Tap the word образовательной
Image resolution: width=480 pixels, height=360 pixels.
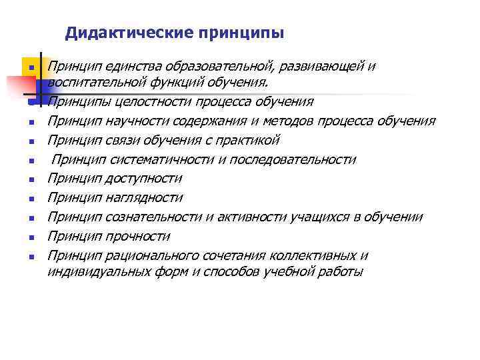(x=203, y=67)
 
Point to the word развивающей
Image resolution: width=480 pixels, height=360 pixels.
(x=310, y=67)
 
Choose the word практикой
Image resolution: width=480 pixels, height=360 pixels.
(x=247, y=141)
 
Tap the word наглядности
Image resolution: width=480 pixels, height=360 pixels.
(x=141, y=198)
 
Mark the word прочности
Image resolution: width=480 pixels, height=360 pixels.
(x=135, y=237)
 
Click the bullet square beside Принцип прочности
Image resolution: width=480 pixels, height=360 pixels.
(x=31, y=237)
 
